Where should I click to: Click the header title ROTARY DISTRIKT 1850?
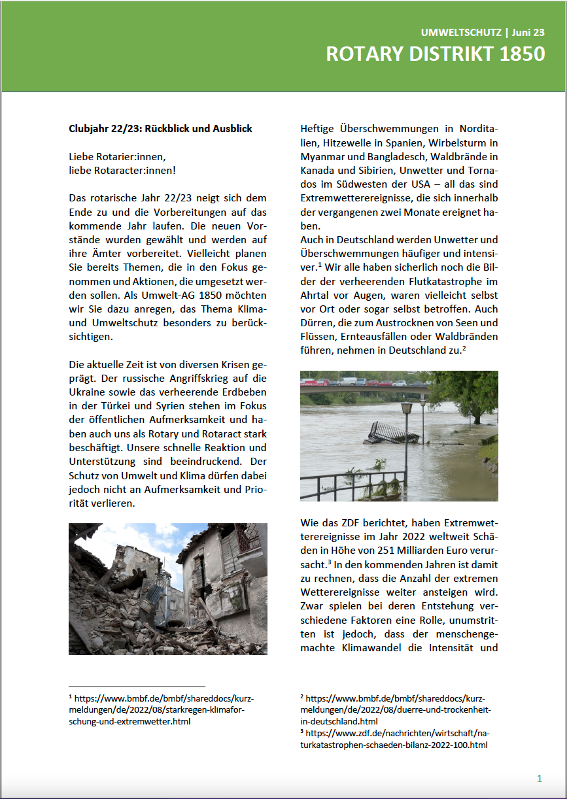[435, 54]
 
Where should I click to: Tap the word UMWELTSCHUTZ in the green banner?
[460, 32]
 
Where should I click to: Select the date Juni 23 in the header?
[528, 32]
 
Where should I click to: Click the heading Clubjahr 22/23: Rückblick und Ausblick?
[160, 129]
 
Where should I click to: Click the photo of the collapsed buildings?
[167, 588]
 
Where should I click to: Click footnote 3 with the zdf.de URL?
[392, 738]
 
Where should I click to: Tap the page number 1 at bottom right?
[539, 778]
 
